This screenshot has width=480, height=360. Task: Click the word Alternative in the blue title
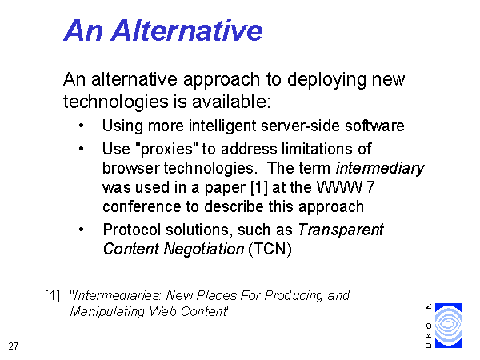pyautogui.click(x=187, y=30)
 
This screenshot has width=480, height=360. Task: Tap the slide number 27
pyautogui.click(x=14, y=346)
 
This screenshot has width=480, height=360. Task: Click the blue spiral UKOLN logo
pyautogui.click(x=449, y=326)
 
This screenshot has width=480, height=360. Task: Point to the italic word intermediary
pyautogui.click(x=380, y=168)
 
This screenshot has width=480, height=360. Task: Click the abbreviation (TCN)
pyautogui.click(x=270, y=249)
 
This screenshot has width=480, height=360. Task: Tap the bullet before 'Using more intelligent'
pyautogui.click(x=81, y=126)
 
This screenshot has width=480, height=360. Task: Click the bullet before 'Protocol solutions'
pyautogui.click(x=81, y=230)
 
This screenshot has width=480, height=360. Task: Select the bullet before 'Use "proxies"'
pyautogui.click(x=81, y=149)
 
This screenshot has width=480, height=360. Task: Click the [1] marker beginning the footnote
pyautogui.click(x=52, y=296)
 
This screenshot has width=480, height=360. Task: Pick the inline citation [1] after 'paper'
pyautogui.click(x=259, y=188)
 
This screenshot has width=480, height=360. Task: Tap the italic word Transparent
pyautogui.click(x=341, y=230)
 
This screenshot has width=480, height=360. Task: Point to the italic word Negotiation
pyautogui.click(x=204, y=249)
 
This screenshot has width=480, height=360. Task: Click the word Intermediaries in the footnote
pyautogui.click(x=118, y=296)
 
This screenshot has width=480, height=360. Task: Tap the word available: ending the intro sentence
pyautogui.click(x=231, y=102)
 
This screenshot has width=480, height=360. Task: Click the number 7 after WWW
pyautogui.click(x=370, y=187)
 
